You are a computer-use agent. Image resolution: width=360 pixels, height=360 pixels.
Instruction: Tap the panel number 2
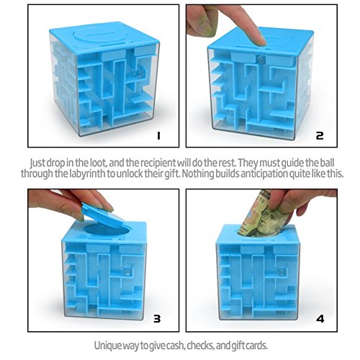click(x=319, y=135)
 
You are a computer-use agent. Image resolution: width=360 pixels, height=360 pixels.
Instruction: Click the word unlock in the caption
click(x=150, y=174)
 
